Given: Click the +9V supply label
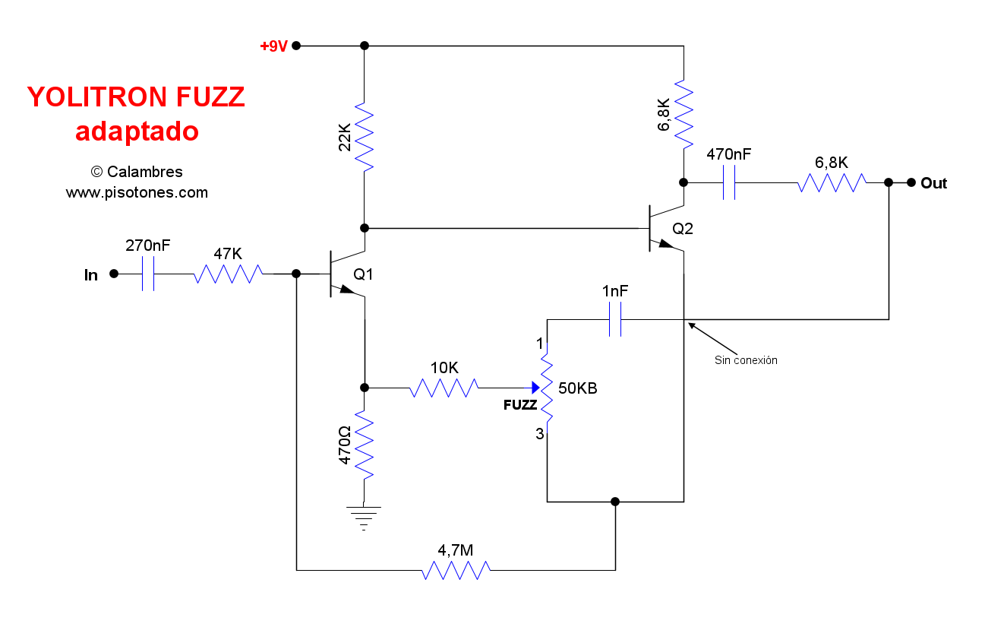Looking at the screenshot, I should coord(273,46).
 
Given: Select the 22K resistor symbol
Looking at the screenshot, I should coord(365,137).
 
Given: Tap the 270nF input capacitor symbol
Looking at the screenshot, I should coord(148,274).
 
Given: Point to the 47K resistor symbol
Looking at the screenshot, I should coord(228,274).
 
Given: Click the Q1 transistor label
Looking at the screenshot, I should coord(364,274).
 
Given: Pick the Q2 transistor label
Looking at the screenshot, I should coord(683,228).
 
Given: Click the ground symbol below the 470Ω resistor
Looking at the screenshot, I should coord(365,515).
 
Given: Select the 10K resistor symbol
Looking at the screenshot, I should coord(444,388).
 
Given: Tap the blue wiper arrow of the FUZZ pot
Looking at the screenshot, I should coord(535,388).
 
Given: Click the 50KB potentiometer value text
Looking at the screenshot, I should coord(578,388).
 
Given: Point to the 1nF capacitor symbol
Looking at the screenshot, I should coord(615,319).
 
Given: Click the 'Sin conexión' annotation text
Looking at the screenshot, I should coord(746,360).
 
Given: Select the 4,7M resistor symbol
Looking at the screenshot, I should coord(456,569).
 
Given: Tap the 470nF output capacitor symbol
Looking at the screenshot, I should coord(729,182).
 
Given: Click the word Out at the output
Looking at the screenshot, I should coord(933,183).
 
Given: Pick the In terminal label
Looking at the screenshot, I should coord(91,275).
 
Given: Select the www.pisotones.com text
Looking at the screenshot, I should coord(137,193).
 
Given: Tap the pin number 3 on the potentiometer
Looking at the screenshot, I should coord(540,435).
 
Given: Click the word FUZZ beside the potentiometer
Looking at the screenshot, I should coord(520,406).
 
